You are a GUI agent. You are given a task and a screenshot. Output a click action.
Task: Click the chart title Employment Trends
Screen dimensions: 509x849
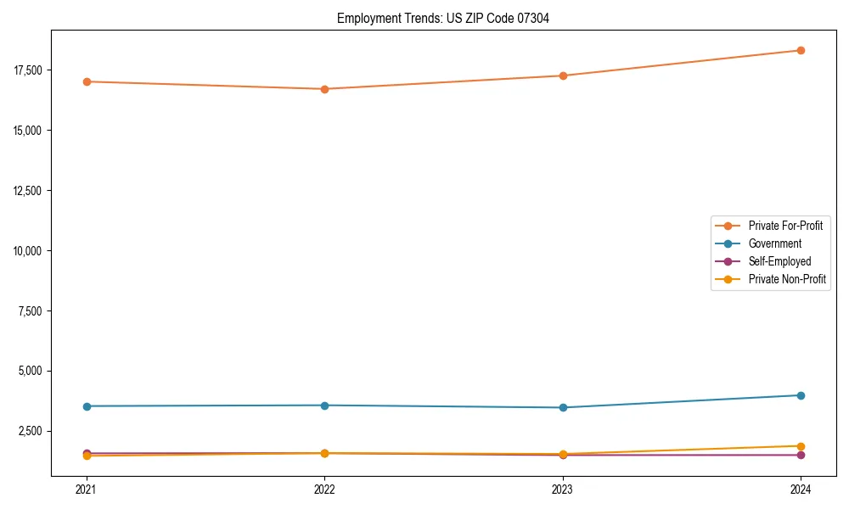(x=442, y=18)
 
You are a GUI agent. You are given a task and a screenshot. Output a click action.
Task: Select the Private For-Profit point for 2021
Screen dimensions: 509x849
(x=86, y=81)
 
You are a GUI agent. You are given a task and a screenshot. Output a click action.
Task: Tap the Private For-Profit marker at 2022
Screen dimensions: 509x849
(x=324, y=89)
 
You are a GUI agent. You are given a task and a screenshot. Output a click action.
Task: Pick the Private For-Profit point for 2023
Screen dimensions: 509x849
(x=563, y=76)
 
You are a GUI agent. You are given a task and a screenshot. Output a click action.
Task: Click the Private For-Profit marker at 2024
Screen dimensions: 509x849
(x=801, y=50)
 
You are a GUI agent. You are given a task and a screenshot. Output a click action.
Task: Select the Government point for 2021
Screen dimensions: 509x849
(x=86, y=406)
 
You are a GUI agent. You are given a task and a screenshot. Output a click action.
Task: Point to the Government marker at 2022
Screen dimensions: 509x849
(x=324, y=406)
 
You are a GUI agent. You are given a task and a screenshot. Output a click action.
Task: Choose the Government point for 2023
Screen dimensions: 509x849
(x=563, y=408)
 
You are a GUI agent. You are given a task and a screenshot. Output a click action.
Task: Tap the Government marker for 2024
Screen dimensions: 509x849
(x=801, y=395)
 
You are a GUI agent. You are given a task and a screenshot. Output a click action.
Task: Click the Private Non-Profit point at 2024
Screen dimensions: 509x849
(x=801, y=446)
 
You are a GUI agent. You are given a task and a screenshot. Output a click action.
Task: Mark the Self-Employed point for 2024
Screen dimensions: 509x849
(x=801, y=456)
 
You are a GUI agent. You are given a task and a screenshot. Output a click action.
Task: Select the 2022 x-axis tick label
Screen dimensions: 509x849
(x=324, y=489)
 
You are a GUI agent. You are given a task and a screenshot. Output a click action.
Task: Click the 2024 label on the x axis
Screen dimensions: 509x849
(x=801, y=489)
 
